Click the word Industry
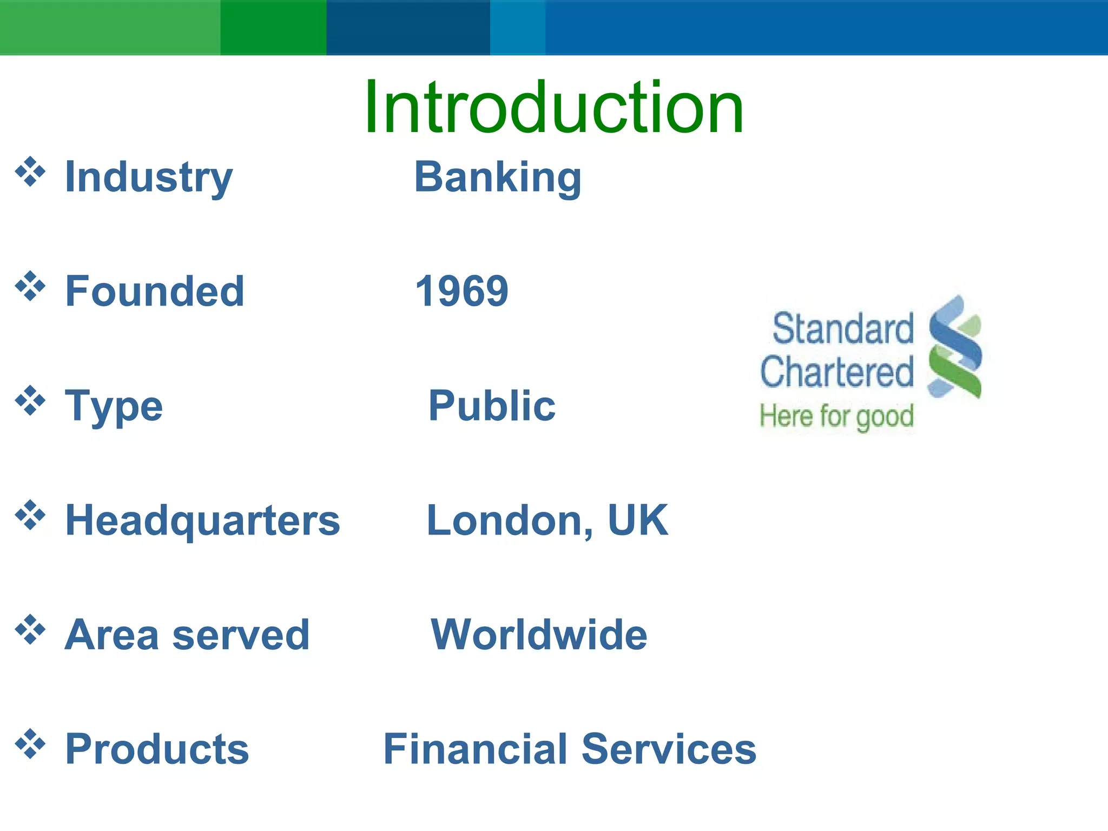click(x=148, y=177)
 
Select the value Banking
click(x=498, y=177)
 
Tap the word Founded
click(x=155, y=291)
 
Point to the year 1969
click(x=461, y=291)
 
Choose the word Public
click(x=491, y=406)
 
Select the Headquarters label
click(x=202, y=520)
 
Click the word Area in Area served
click(x=111, y=635)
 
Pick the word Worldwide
click(x=538, y=635)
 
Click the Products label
click(x=157, y=749)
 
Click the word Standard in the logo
click(x=843, y=329)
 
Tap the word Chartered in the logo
click(x=837, y=372)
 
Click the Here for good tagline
click(x=836, y=417)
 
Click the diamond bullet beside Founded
click(x=30, y=286)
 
